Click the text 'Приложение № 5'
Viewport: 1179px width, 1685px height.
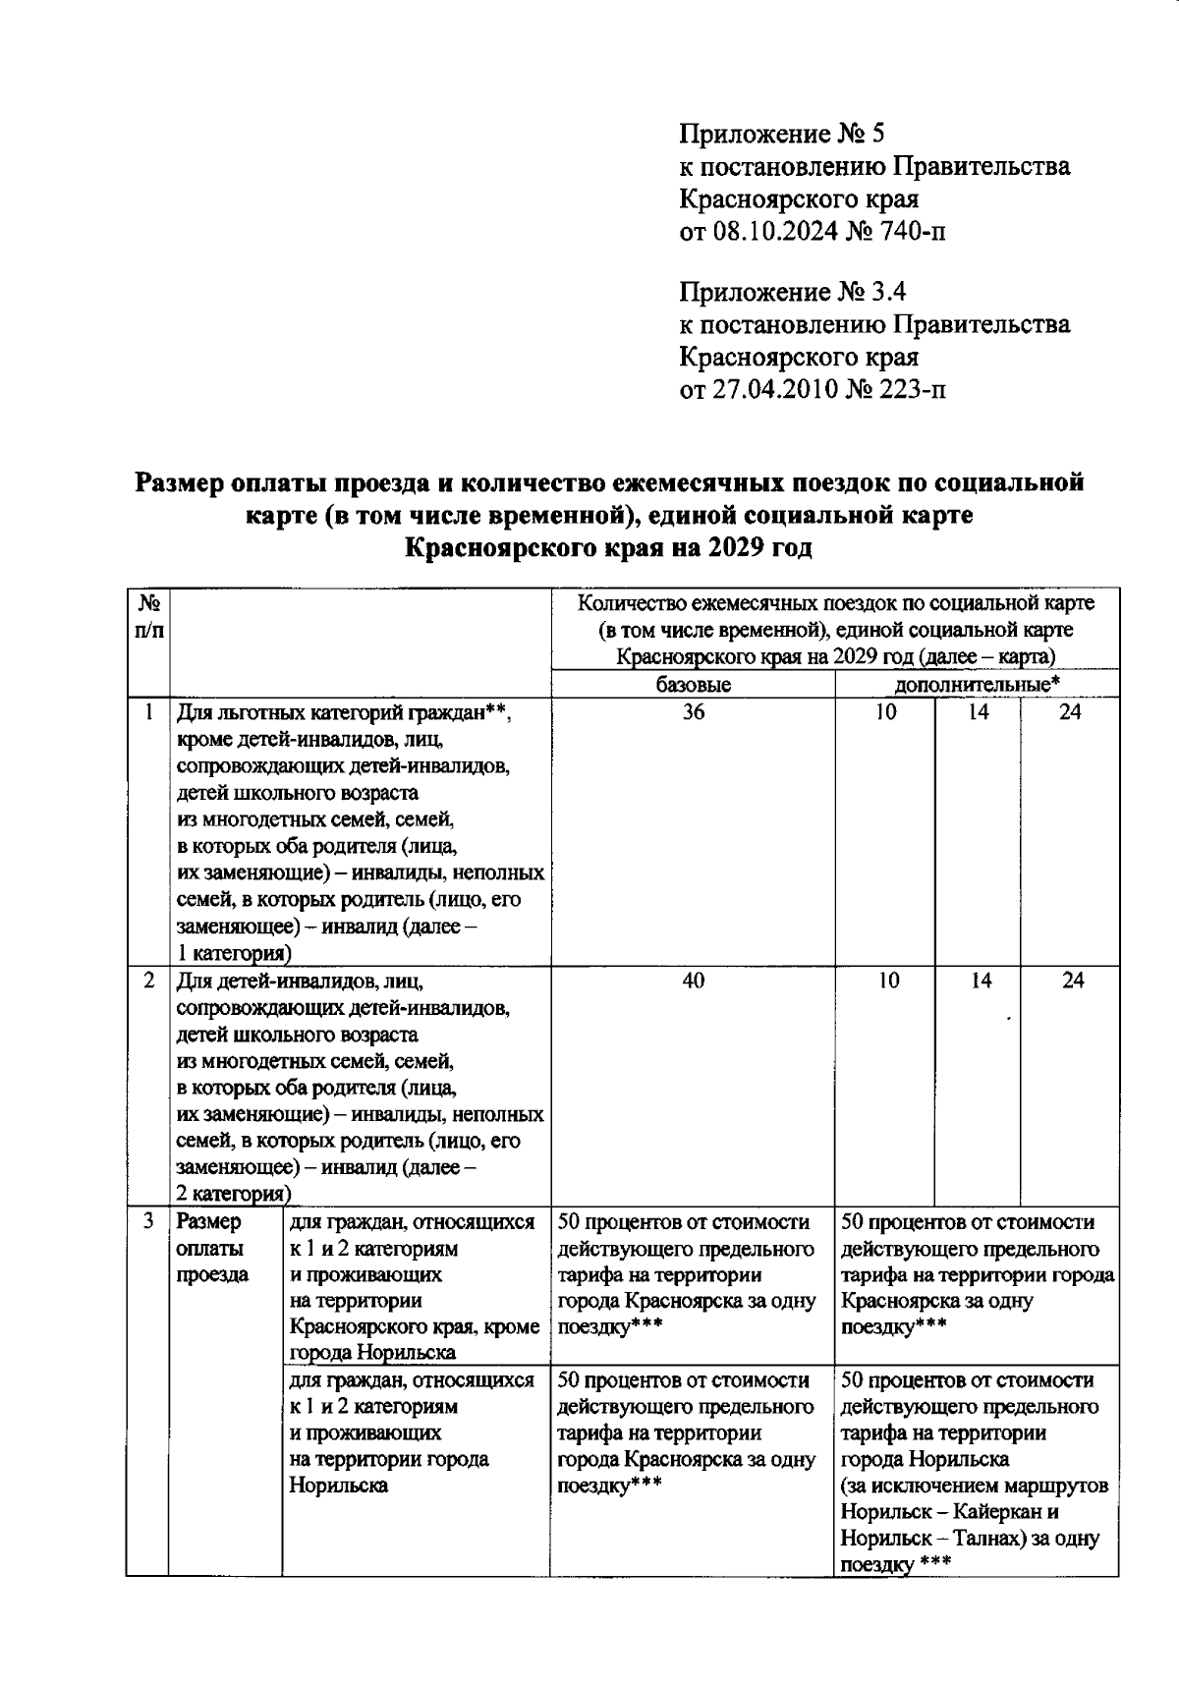[782, 133]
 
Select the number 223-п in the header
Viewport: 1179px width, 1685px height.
[911, 390]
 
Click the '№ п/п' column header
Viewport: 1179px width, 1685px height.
[147, 616]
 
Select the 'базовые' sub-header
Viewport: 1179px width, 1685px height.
[693, 685]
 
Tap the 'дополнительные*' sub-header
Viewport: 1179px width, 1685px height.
[977, 685]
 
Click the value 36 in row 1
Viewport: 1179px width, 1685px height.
[693, 712]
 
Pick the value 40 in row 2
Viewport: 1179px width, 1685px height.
[693, 981]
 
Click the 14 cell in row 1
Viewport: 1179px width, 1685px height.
[978, 712]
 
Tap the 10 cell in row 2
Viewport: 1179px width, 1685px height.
[887, 981]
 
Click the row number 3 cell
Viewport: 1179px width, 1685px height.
[147, 1222]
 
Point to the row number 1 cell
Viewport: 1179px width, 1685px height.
[147, 712]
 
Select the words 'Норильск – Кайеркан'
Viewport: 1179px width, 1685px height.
[949, 1512]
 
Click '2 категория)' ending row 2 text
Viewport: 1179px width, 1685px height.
[233, 1195]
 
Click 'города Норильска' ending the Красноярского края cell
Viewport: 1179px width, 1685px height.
[372, 1353]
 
